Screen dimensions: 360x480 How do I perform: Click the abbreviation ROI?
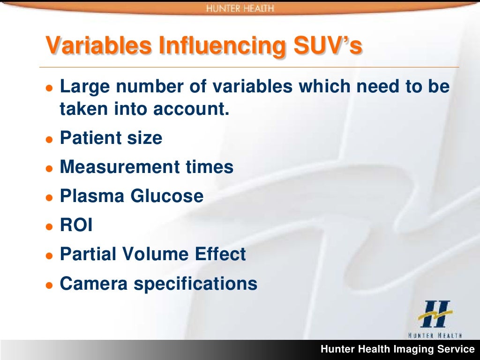click(76, 225)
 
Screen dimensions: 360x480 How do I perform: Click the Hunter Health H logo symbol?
click(435, 315)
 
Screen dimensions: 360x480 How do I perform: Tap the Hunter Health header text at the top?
click(240, 8)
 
